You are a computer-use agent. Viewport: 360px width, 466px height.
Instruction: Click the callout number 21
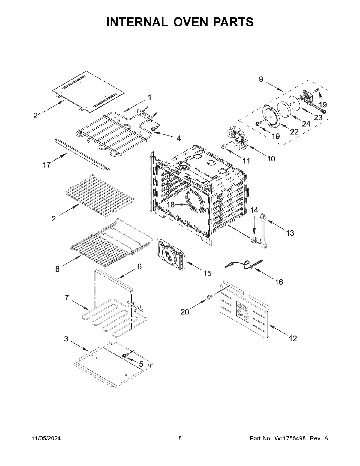37,116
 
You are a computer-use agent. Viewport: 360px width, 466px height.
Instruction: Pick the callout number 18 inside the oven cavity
171,205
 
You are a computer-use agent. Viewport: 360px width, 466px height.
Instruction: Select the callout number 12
293,338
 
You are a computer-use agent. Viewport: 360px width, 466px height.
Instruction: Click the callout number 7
67,298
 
